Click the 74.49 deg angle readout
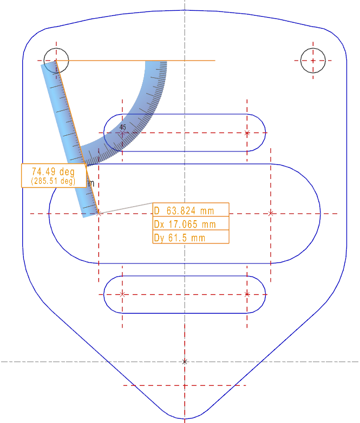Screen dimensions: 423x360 53,171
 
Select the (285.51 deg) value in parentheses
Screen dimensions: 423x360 53,181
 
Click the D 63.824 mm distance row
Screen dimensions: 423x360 191,210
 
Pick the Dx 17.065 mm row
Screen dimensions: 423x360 191,224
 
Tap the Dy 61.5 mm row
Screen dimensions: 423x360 191,237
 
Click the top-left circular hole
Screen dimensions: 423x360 56,60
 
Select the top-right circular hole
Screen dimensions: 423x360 313,60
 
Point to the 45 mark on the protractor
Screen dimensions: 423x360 122,127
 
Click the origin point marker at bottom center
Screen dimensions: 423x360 185,361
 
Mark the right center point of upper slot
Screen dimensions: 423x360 247,133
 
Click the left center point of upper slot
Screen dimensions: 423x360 122,133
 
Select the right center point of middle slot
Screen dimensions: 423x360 271,214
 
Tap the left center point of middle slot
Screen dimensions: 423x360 99,214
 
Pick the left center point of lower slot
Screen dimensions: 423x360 122,294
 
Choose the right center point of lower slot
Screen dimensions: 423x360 247,294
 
